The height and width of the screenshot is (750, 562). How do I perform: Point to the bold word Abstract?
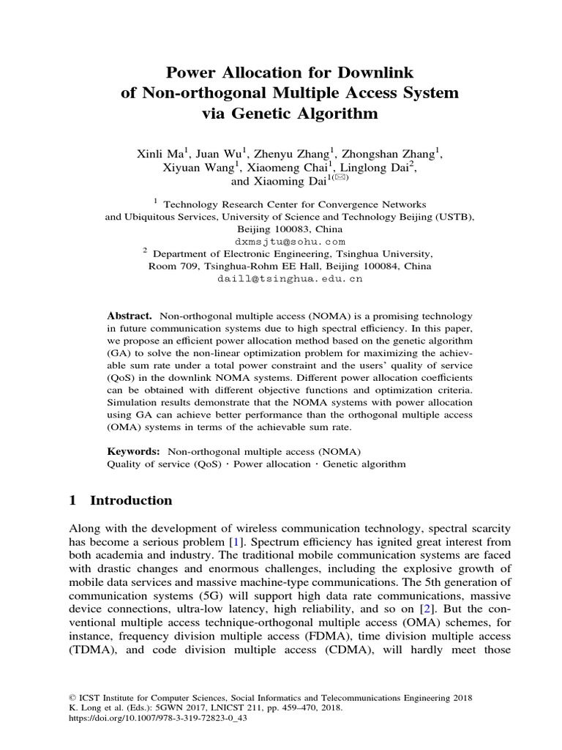(x=130, y=315)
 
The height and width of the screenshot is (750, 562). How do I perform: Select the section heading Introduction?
(x=131, y=501)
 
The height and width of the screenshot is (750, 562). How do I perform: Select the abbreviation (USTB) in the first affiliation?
(x=453, y=217)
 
